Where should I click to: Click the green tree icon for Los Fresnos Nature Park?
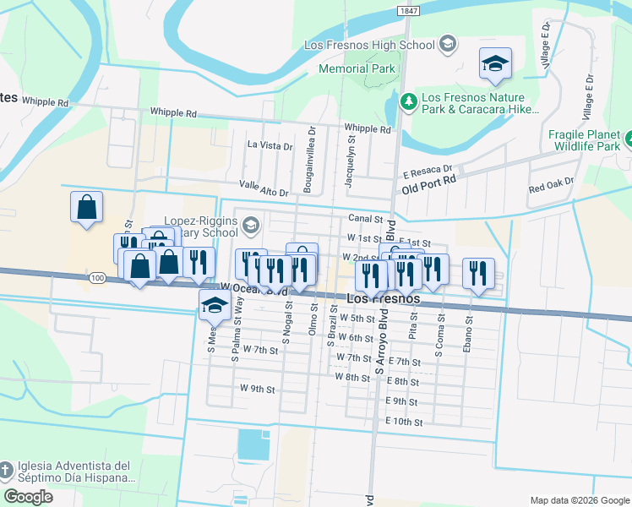[409, 101]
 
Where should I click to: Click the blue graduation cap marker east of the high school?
[496, 64]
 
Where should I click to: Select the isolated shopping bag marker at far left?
[86, 207]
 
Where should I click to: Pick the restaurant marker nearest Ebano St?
[478, 274]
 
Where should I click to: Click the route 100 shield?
[96, 277]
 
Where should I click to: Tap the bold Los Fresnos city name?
[384, 299]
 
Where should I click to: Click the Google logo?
[28, 497]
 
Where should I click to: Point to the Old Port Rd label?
[428, 179]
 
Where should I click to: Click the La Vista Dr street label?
[270, 145]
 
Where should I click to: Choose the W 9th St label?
[258, 389]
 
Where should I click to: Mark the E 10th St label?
[403, 421]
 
